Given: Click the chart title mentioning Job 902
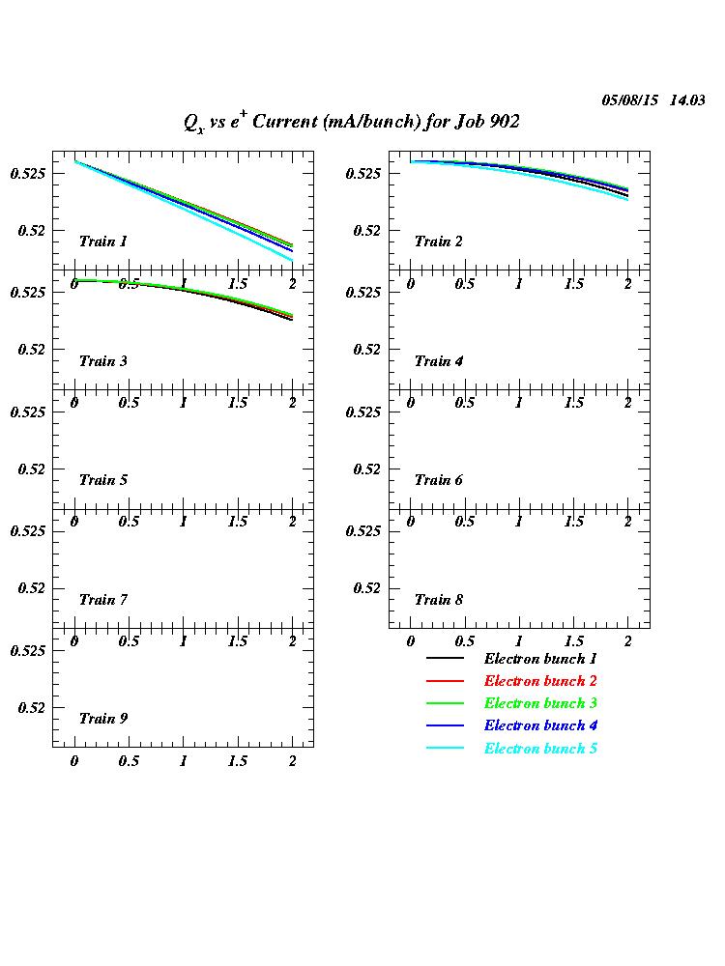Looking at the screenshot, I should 352,122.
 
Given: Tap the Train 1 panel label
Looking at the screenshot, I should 103,241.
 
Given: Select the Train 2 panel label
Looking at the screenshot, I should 439,241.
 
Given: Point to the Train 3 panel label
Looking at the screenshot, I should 103,361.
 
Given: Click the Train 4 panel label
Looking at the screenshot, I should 439,361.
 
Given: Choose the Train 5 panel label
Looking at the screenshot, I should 103,480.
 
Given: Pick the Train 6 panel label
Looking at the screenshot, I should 439,480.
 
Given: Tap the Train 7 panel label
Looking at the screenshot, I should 103,600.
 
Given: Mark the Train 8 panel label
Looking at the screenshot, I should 439,600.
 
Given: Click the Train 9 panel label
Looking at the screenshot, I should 103,719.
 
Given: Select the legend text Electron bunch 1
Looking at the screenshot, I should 540,659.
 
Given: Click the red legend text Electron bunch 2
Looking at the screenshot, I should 540,681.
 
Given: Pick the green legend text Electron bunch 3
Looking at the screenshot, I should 540,703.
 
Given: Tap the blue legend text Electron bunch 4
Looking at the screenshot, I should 540,725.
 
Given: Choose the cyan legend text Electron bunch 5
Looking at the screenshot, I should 540,749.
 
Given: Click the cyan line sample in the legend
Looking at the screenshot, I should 446,749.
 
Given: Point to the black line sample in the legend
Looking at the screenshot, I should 446,659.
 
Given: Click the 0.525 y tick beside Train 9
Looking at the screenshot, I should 28,651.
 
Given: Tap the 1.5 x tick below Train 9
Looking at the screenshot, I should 238,761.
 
